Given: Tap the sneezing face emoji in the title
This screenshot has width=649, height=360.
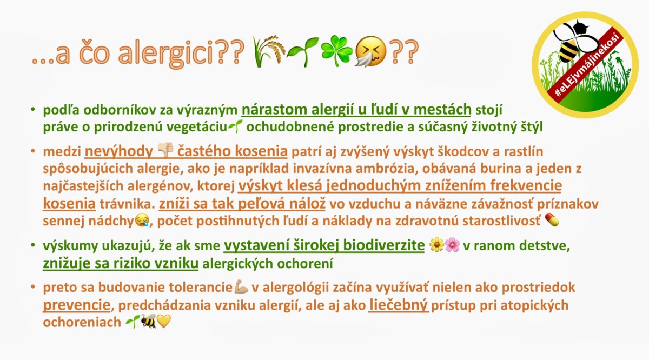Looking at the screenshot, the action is [x=370, y=51].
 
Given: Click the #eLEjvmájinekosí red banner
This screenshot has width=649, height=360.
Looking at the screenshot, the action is [x=585, y=66].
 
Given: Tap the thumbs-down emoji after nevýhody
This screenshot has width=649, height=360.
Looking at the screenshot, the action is [x=165, y=150].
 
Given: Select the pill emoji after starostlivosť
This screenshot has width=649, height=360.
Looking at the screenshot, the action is [x=552, y=220].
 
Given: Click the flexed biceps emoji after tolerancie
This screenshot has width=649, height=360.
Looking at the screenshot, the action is [x=241, y=286].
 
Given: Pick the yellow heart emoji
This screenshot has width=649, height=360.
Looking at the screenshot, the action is [x=164, y=321].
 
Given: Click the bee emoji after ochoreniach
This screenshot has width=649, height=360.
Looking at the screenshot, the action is [x=149, y=321].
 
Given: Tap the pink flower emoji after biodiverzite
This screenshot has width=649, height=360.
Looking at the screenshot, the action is [x=452, y=245].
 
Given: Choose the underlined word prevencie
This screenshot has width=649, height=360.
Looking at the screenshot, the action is [x=76, y=305].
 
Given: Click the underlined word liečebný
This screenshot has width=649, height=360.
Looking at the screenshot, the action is [x=399, y=305].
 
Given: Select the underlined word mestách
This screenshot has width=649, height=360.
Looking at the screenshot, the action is [x=442, y=110].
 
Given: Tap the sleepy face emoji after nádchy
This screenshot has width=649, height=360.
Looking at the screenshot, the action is [x=142, y=220].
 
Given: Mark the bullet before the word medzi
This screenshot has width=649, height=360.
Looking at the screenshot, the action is [x=34, y=151].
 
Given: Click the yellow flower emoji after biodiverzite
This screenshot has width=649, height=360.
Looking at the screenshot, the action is [x=436, y=245].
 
